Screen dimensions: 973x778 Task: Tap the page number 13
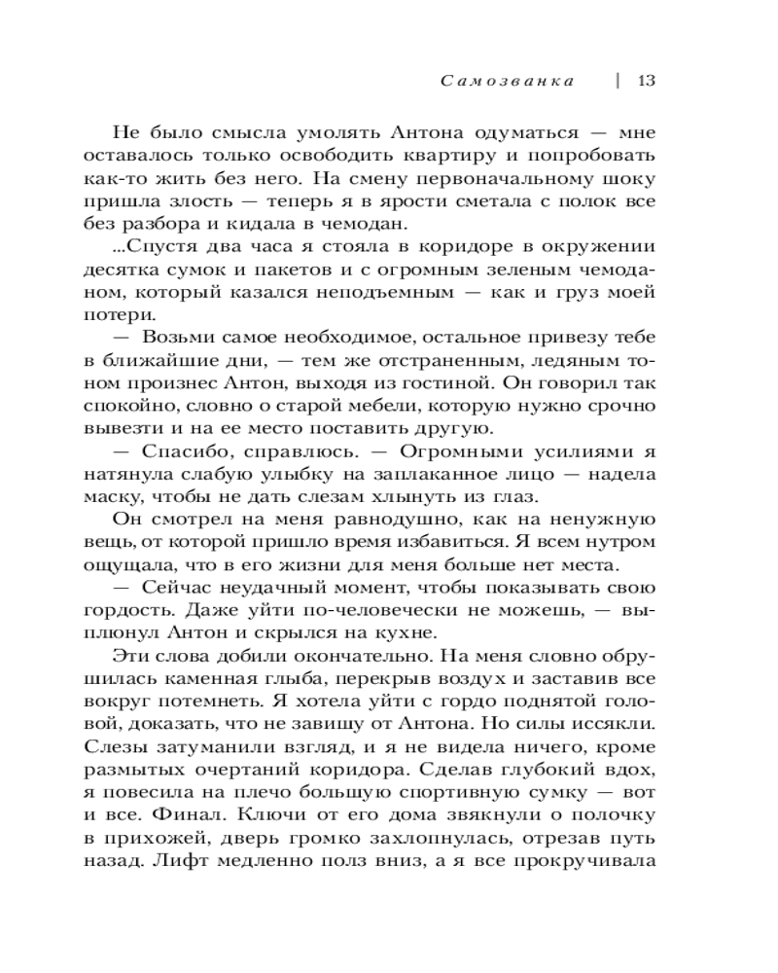point(647,81)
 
